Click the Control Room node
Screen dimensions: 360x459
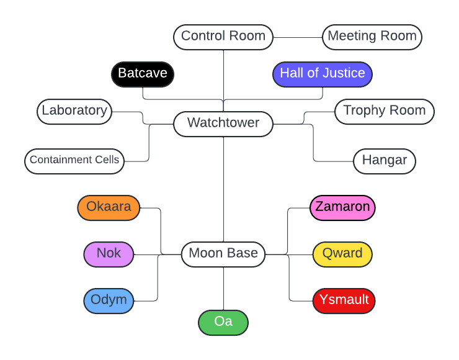[x=223, y=37]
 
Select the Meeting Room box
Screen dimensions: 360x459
[x=372, y=37]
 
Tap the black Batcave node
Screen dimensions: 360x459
[x=143, y=74]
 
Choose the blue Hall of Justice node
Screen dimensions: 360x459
[x=323, y=74]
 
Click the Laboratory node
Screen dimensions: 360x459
[x=74, y=111]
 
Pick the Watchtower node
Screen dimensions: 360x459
[x=223, y=124]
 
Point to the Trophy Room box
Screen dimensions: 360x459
[x=385, y=111]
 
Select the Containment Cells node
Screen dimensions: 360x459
[x=74, y=160]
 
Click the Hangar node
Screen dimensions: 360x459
[x=385, y=161]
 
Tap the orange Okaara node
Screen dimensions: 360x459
[x=109, y=207]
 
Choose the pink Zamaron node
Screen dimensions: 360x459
[x=342, y=207]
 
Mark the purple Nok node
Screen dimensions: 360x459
[x=109, y=254]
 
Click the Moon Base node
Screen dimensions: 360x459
[x=223, y=254]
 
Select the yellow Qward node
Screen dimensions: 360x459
[x=342, y=254]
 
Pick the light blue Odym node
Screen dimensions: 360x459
[x=109, y=300]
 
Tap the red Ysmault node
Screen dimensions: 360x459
[x=344, y=300]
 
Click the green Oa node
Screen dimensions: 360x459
[x=223, y=323]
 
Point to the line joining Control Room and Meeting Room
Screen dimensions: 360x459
[x=298, y=37]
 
